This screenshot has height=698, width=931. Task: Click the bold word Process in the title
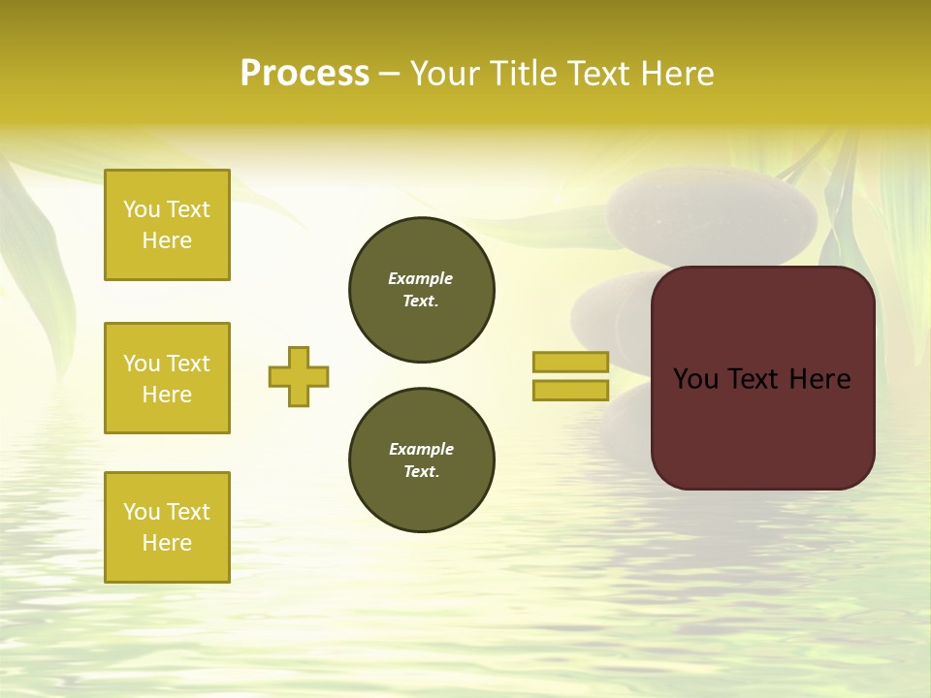pyautogui.click(x=305, y=74)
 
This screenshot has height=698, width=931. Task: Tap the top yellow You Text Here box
pyautogui.click(x=167, y=225)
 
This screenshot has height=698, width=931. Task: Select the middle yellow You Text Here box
pyautogui.click(x=167, y=378)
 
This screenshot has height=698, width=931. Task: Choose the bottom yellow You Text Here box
pyautogui.click(x=167, y=526)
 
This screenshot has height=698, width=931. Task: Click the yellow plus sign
pyautogui.click(x=299, y=376)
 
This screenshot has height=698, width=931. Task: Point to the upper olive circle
pyautogui.click(x=422, y=289)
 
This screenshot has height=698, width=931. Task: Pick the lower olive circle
pyautogui.click(x=422, y=460)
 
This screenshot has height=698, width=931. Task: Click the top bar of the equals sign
pyautogui.click(x=570, y=362)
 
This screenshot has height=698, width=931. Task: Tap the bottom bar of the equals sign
pyautogui.click(x=570, y=390)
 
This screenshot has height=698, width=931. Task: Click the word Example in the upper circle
pyautogui.click(x=420, y=278)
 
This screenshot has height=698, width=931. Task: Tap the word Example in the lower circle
pyautogui.click(x=421, y=449)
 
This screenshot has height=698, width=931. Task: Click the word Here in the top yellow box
pyautogui.click(x=167, y=240)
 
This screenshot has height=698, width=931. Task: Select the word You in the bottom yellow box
pyautogui.click(x=142, y=511)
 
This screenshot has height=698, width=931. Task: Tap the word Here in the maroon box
pyautogui.click(x=819, y=378)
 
